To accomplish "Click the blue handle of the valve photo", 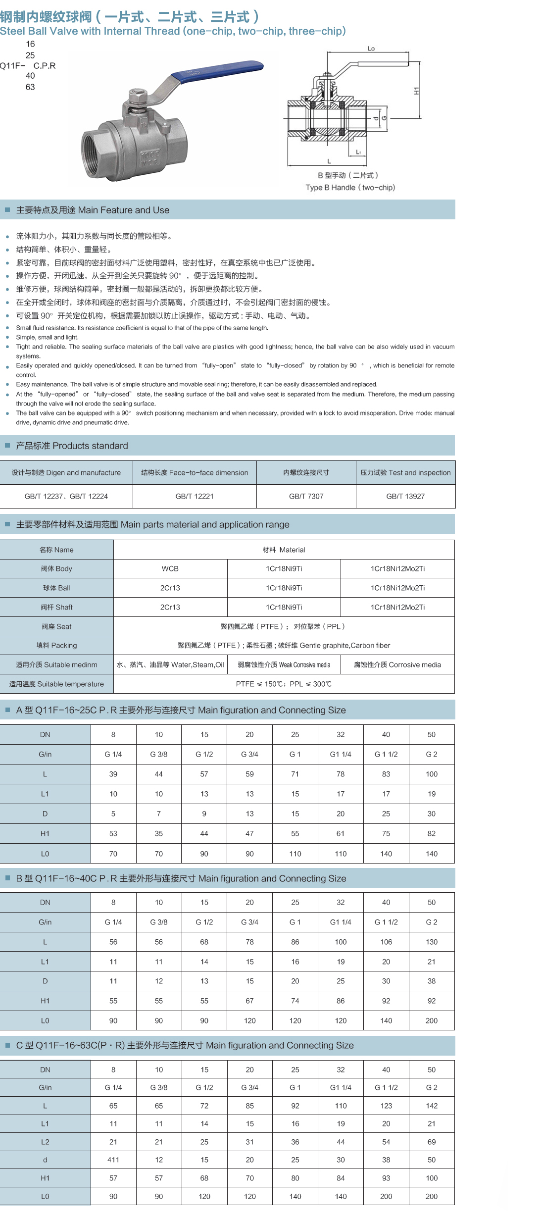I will click(x=218, y=72).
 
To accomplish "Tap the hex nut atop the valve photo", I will click(x=137, y=95).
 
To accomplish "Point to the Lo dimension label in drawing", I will click(x=371, y=49).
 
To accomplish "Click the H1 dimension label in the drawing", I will click(x=416, y=91).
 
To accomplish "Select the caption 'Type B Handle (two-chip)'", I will click(x=350, y=188).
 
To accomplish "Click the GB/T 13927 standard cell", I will click(x=405, y=496).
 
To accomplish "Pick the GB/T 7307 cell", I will click(x=306, y=496).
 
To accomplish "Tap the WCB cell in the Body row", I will click(x=170, y=568).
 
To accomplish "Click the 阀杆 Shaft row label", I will click(x=56, y=607).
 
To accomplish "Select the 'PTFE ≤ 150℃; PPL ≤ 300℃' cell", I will click(x=284, y=684).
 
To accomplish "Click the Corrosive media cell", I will click(x=397, y=664).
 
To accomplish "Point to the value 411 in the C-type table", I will click(x=113, y=1160).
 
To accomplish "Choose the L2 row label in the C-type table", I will click(x=45, y=1142).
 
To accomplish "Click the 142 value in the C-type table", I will click(x=432, y=1106).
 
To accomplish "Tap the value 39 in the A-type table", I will click(x=113, y=774).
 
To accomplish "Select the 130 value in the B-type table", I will click(x=432, y=942).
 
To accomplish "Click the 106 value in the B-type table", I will click(x=386, y=942).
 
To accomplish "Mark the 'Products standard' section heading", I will click(x=72, y=446).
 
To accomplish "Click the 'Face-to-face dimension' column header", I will click(x=195, y=472).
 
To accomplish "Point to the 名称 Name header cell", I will click(x=56, y=550).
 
